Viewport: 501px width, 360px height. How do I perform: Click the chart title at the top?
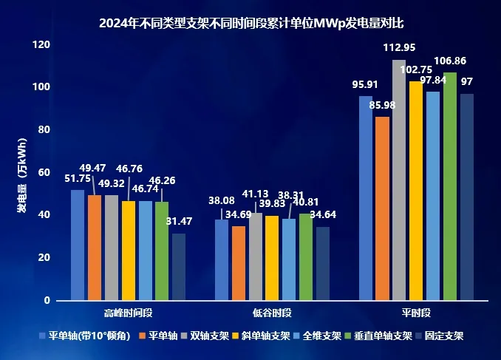tap(250, 23)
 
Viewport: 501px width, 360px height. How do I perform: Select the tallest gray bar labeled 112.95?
tap(399, 180)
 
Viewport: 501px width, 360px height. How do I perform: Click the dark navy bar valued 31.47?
tap(179, 267)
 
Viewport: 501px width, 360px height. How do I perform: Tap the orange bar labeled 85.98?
tap(382, 208)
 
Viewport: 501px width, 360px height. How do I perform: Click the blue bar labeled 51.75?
tap(78, 245)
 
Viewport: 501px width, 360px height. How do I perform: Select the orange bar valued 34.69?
tap(239, 263)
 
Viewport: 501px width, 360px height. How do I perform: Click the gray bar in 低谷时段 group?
tap(256, 257)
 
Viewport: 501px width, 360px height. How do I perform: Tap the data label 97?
tap(467, 81)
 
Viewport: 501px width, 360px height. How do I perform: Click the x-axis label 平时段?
tap(417, 313)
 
